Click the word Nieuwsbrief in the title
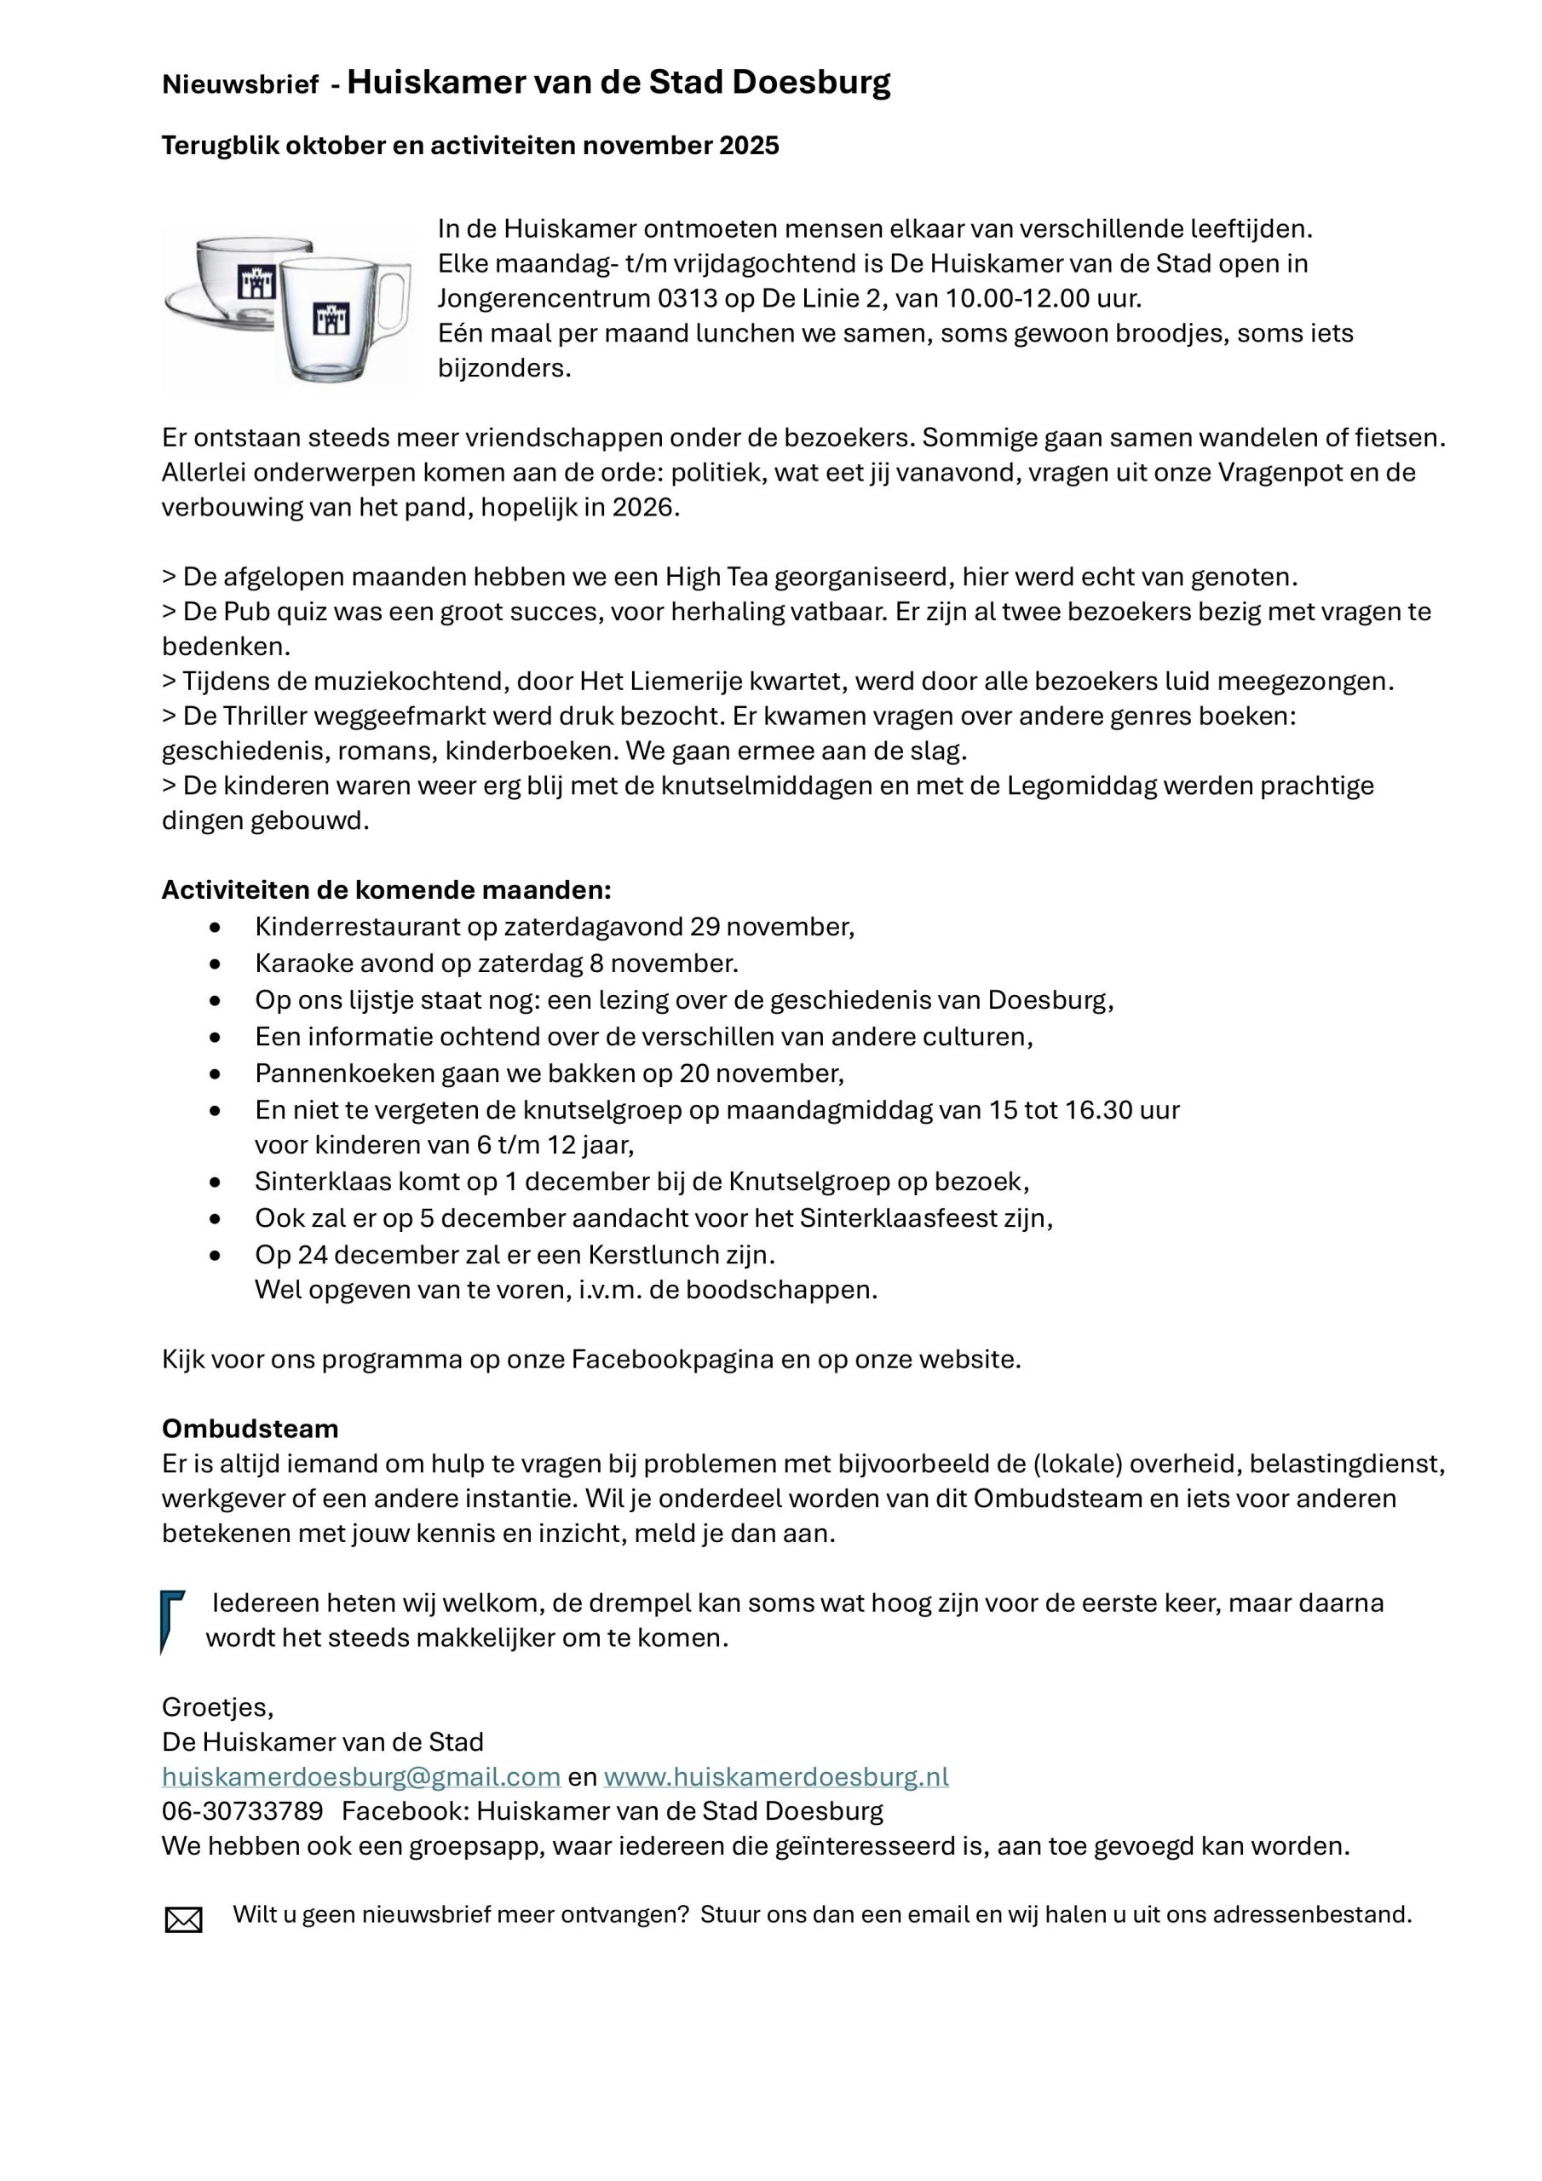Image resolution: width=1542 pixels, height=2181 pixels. click(x=239, y=85)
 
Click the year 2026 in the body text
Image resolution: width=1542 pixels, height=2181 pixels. click(x=642, y=507)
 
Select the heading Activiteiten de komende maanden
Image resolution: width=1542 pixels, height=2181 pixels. click(x=386, y=890)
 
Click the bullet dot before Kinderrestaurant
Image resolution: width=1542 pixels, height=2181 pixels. click(x=216, y=927)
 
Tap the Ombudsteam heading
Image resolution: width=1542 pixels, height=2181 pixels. click(x=250, y=1429)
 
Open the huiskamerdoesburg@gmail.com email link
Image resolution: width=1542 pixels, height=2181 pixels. click(x=361, y=1777)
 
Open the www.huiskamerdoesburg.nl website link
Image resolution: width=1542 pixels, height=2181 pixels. click(x=775, y=1777)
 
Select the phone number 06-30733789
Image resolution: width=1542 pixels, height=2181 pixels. click(x=242, y=1811)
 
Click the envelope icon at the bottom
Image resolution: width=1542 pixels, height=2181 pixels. click(x=183, y=1920)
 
